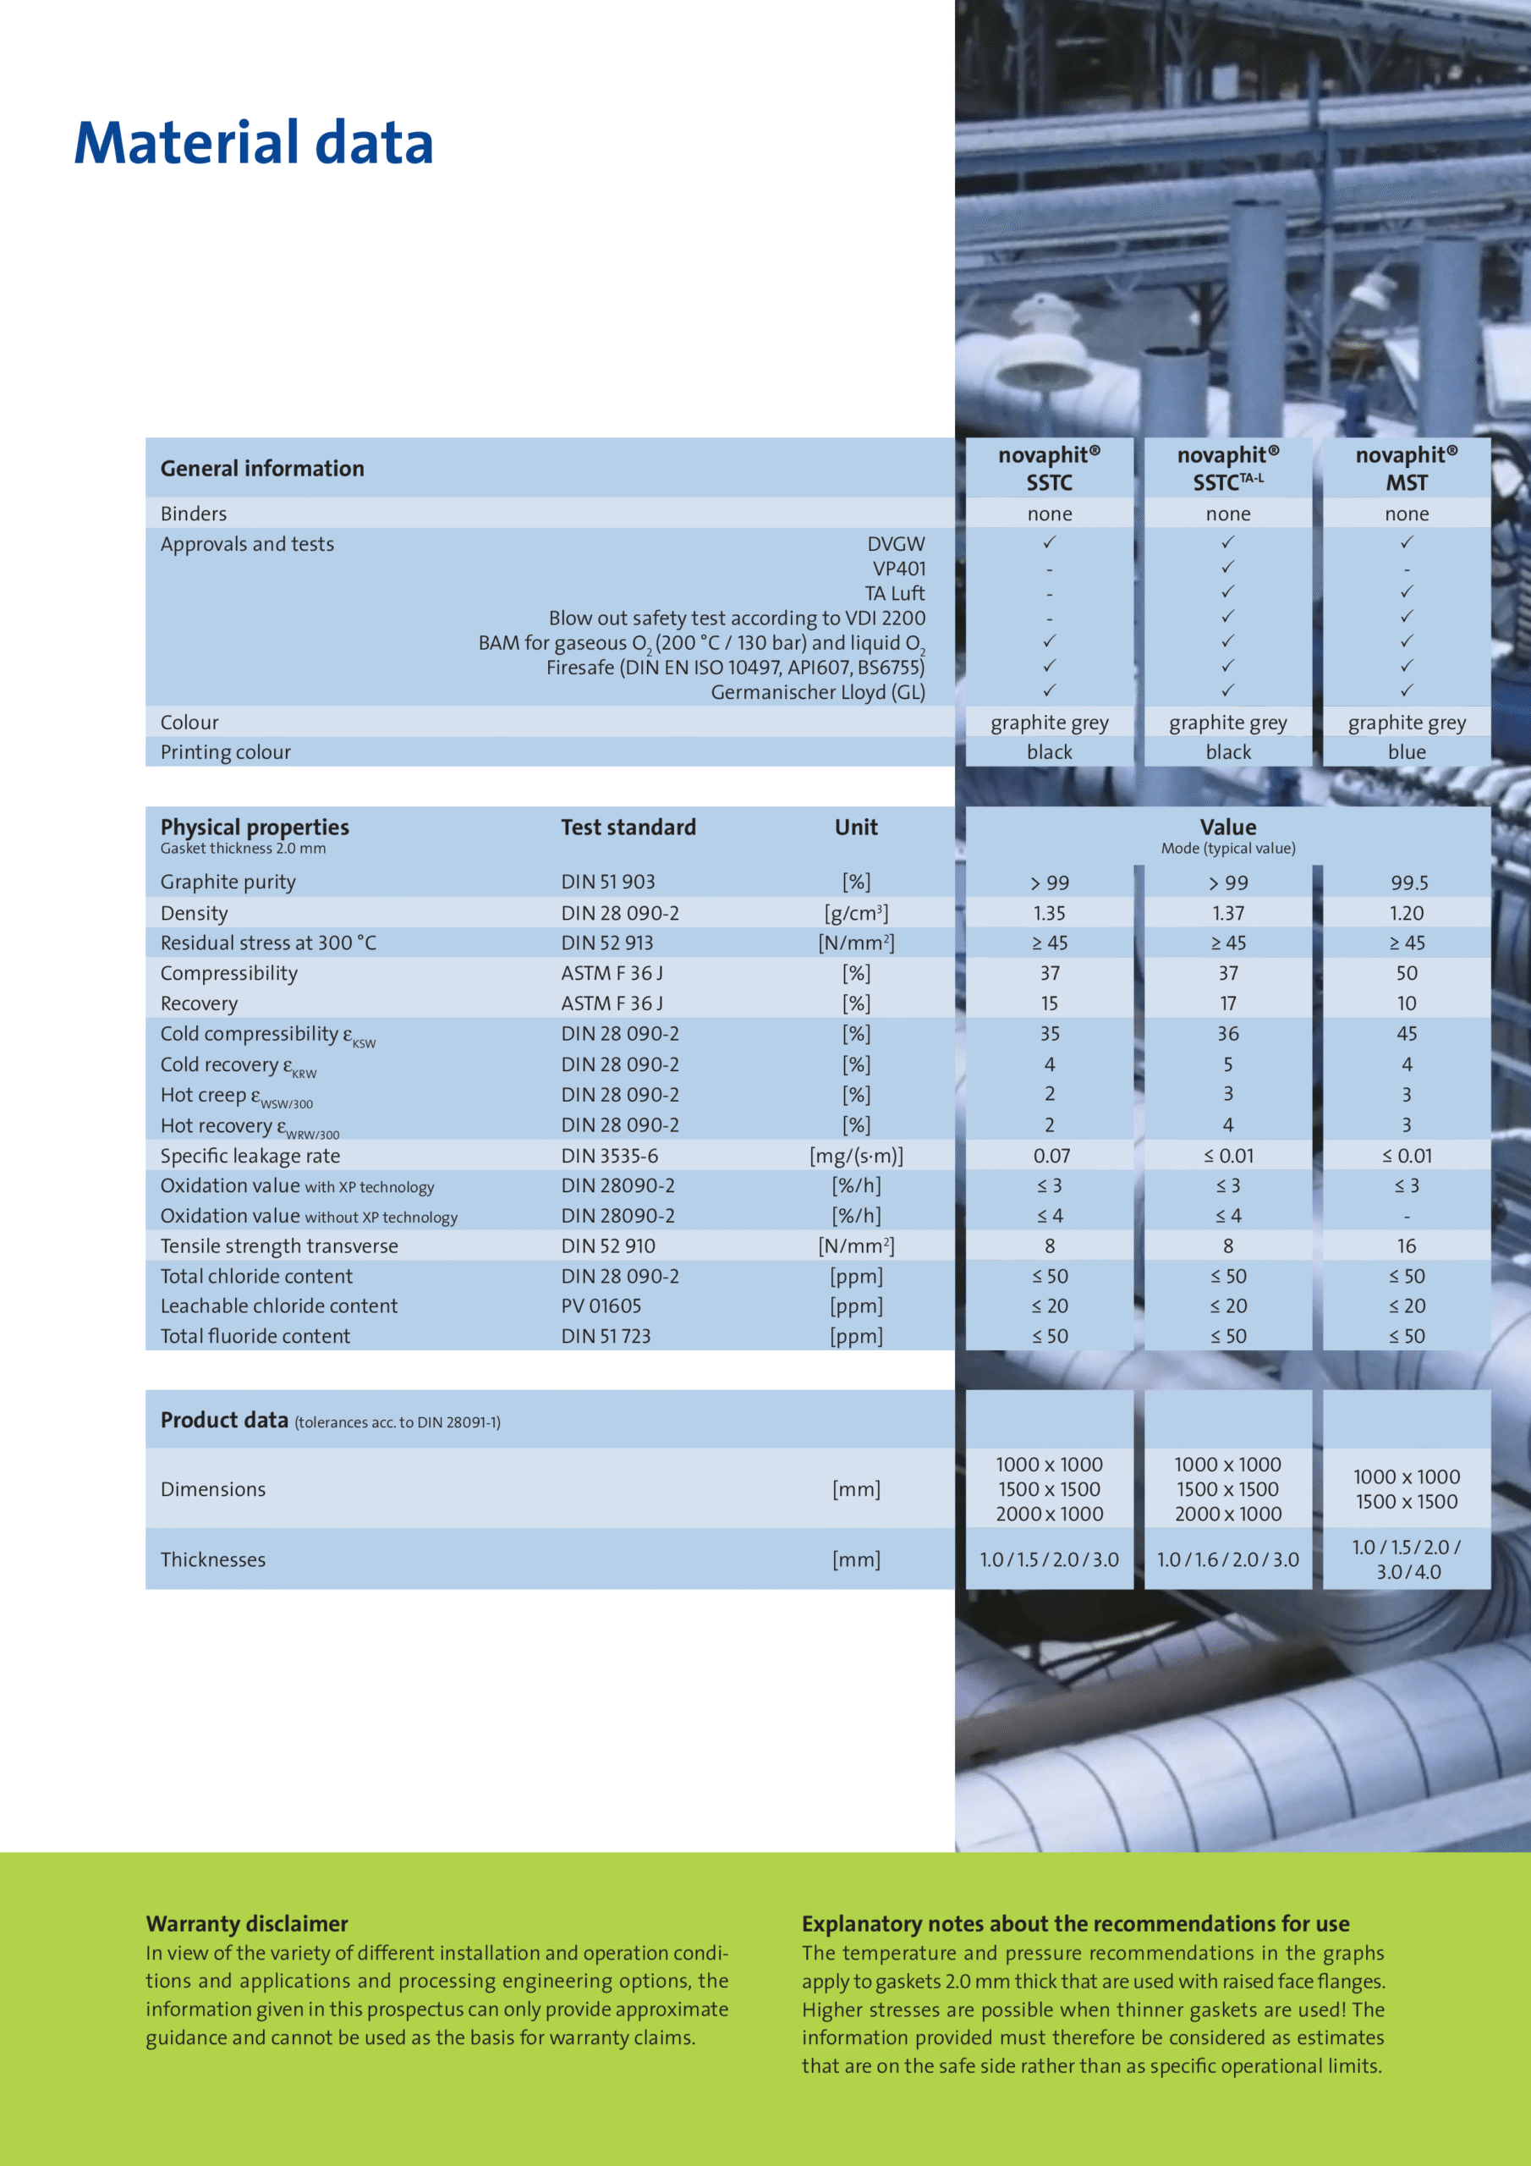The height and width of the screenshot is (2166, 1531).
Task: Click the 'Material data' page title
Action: pos(253,143)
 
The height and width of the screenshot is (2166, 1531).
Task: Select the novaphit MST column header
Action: pos(1406,468)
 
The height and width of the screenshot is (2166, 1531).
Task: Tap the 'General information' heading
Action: pos(261,469)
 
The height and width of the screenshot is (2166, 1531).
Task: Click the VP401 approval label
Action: pos(898,569)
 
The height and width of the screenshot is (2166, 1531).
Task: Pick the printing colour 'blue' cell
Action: pos(1406,752)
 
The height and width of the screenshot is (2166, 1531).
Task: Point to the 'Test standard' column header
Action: pos(628,827)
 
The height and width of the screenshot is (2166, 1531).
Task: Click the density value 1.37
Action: pos(1227,913)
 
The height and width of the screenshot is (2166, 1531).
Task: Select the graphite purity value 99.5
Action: pos(1408,883)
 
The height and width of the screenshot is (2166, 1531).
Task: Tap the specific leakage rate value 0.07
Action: pos(1049,1156)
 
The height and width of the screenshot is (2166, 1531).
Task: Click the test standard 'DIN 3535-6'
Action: pos(609,1156)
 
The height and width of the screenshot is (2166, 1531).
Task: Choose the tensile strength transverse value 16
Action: pos(1406,1246)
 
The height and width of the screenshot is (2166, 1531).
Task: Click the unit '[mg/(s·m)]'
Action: pos(856,1156)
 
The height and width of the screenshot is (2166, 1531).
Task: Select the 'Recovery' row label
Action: pos(199,1003)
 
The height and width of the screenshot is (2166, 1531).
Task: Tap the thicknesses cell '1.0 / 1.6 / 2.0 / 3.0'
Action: pos(1227,1559)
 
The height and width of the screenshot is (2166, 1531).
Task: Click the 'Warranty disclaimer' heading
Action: pos(246,1923)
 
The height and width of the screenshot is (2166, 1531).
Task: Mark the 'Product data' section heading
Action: pos(224,1420)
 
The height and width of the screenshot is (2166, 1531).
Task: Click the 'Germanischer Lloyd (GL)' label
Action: pos(817,692)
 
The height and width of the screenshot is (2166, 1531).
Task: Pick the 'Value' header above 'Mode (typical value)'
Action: pos(1227,827)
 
